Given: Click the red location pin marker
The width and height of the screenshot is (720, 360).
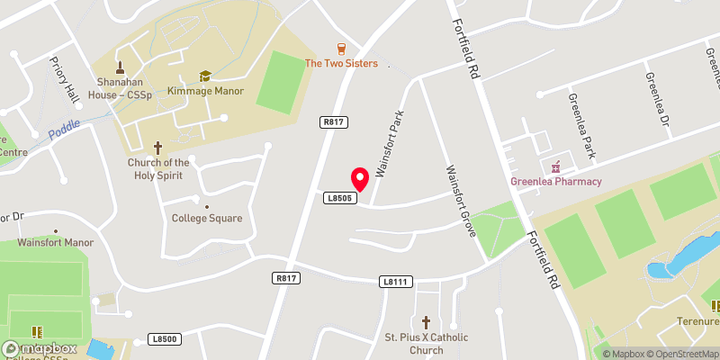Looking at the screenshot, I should [x=358, y=177].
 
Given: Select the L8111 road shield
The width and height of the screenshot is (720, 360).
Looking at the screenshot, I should [x=396, y=282].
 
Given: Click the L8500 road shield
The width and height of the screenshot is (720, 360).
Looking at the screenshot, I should [x=165, y=338].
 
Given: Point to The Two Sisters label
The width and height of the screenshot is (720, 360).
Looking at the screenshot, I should [x=341, y=63].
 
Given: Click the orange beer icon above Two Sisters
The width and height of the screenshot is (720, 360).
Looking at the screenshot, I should [x=341, y=48].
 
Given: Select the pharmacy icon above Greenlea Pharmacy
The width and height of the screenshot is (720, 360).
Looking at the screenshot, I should [x=556, y=166].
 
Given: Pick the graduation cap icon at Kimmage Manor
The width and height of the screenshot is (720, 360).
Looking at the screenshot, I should [x=204, y=76].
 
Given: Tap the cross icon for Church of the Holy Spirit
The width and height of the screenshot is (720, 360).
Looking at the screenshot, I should [x=157, y=146].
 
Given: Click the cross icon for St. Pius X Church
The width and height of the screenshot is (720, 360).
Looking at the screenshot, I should [x=426, y=322].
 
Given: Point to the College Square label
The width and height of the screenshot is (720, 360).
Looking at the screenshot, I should [x=207, y=218].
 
